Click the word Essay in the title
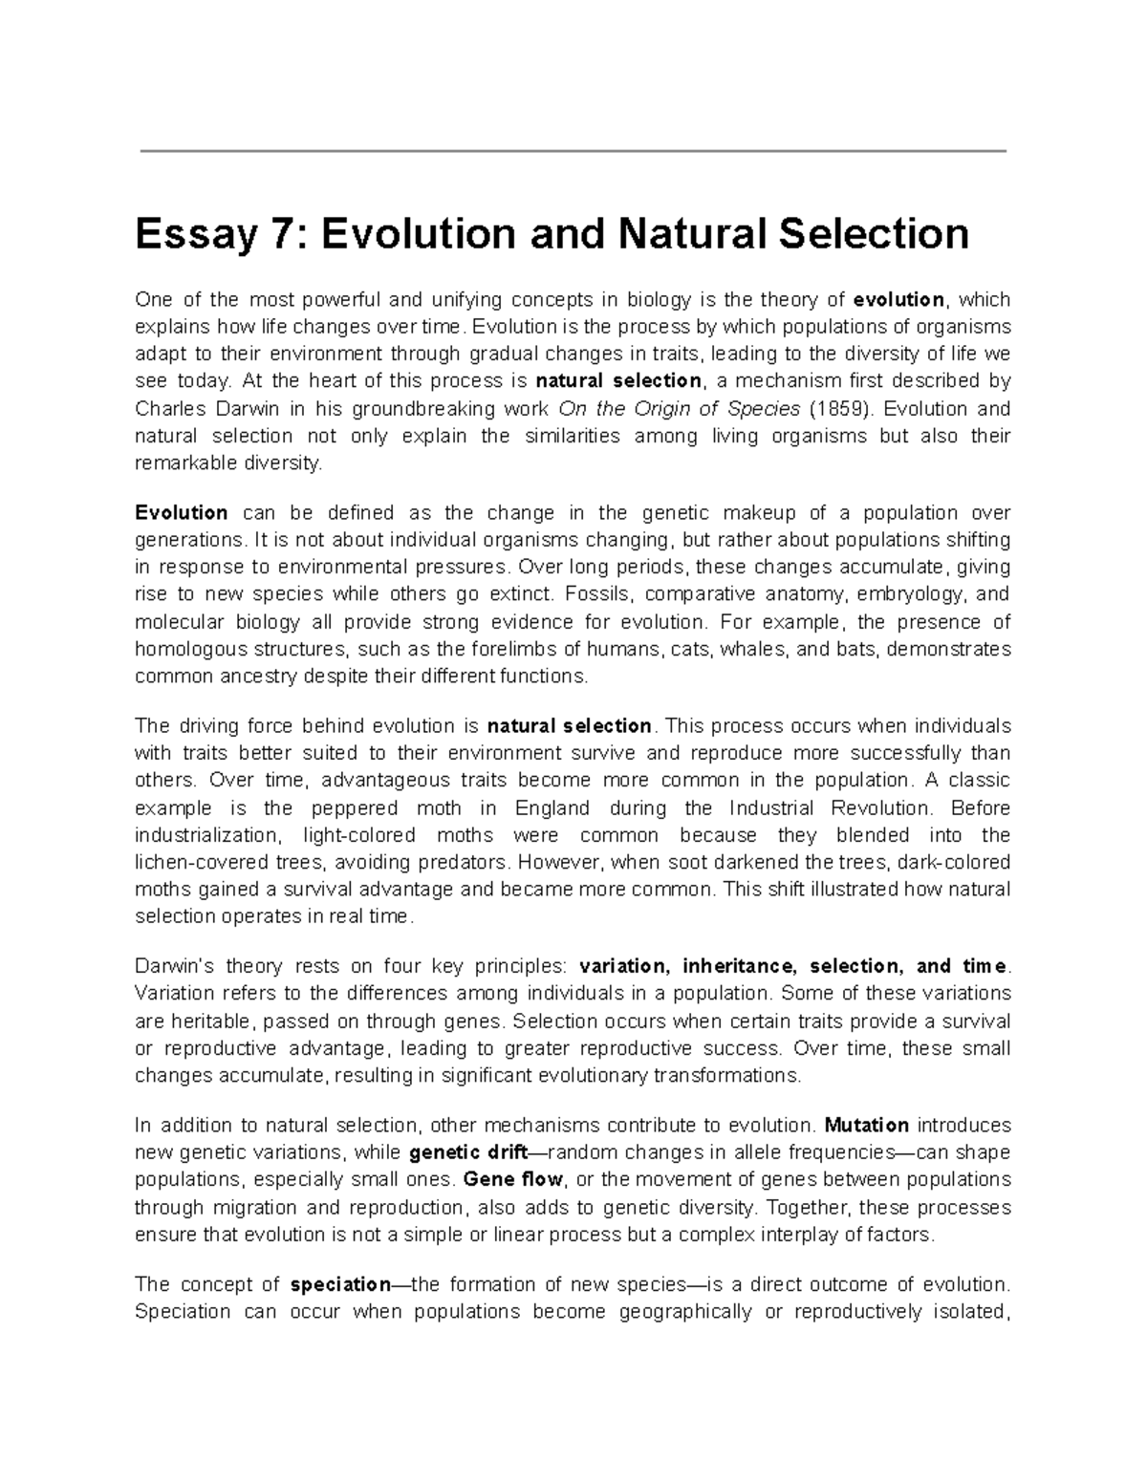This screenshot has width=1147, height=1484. click(189, 234)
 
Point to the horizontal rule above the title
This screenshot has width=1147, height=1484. click(573, 151)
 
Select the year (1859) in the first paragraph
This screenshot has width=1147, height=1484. click(841, 409)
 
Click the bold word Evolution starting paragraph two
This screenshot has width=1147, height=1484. click(182, 512)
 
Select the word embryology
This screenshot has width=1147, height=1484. click(912, 594)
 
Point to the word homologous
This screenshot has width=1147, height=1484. click(184, 650)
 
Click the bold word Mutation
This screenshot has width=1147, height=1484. click(866, 1125)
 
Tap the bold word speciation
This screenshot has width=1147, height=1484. click(340, 1283)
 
